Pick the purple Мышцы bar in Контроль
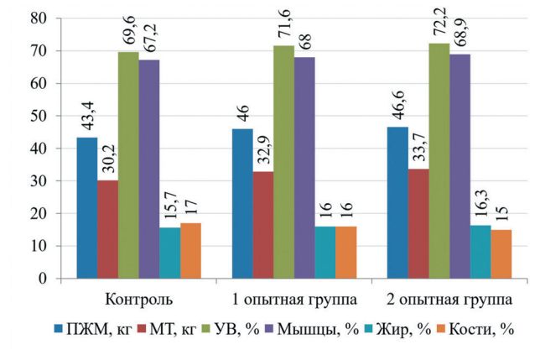[x=148, y=169]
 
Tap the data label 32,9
[x=262, y=149]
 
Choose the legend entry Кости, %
[x=485, y=330]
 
